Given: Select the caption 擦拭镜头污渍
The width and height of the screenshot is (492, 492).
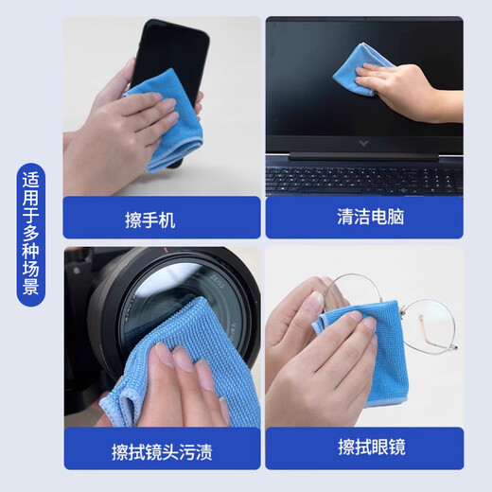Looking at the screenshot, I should click(x=161, y=449).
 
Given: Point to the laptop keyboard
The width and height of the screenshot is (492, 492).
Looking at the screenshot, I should click(x=364, y=177).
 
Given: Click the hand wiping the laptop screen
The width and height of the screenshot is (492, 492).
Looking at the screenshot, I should click(x=416, y=90).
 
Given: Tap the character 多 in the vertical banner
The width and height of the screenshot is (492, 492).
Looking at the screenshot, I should click(x=31, y=232).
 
